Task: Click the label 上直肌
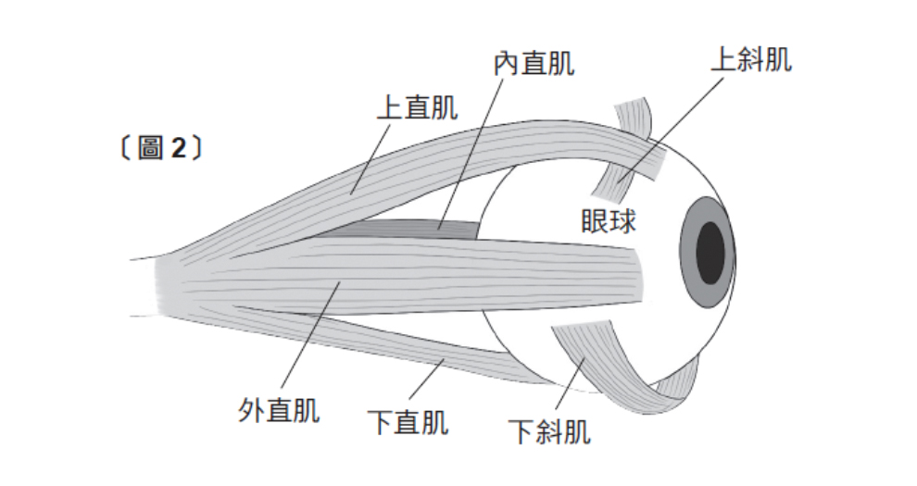[416, 108]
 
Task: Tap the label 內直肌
[533, 64]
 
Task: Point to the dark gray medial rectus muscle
[408, 225]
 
